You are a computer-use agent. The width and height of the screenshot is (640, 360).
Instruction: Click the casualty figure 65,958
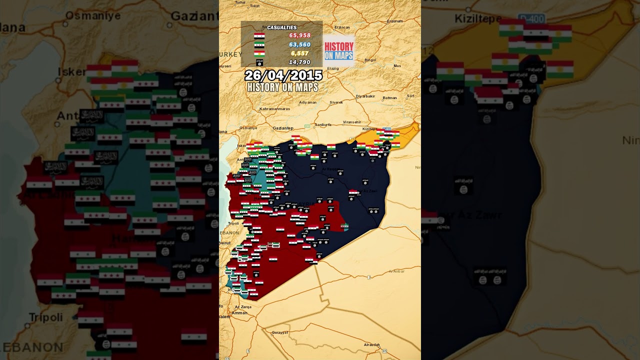[x=299, y=35]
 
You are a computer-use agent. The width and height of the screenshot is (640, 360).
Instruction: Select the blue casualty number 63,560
[x=299, y=44]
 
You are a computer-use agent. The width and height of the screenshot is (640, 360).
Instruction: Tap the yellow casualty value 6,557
[x=299, y=53]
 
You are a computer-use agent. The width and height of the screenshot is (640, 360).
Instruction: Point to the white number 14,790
[x=299, y=62]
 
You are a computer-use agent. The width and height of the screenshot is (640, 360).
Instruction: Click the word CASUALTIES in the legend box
[x=281, y=27]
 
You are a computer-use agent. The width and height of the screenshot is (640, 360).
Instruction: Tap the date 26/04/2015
[x=283, y=75]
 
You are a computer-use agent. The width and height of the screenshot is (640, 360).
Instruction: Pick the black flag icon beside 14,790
[x=259, y=62]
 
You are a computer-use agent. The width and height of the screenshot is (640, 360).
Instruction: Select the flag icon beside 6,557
[x=259, y=53]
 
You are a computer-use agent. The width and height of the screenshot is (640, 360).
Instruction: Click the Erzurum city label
[x=394, y=21]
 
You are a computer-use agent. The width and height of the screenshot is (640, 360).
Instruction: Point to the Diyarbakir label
[x=365, y=96]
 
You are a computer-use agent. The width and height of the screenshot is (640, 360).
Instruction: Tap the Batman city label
[x=389, y=98]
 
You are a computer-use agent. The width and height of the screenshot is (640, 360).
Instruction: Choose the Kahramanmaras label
[x=275, y=108]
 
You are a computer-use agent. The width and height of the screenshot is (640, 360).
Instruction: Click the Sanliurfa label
[x=323, y=124]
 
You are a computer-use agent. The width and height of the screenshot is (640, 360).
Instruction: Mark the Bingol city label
[x=370, y=60]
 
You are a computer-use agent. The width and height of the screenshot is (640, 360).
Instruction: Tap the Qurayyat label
[x=279, y=332]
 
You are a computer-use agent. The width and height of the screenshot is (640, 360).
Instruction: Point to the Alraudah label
[x=371, y=344]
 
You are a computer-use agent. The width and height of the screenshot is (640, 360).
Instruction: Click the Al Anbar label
[x=396, y=271]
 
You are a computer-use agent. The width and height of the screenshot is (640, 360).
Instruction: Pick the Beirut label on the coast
[x=224, y=242]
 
